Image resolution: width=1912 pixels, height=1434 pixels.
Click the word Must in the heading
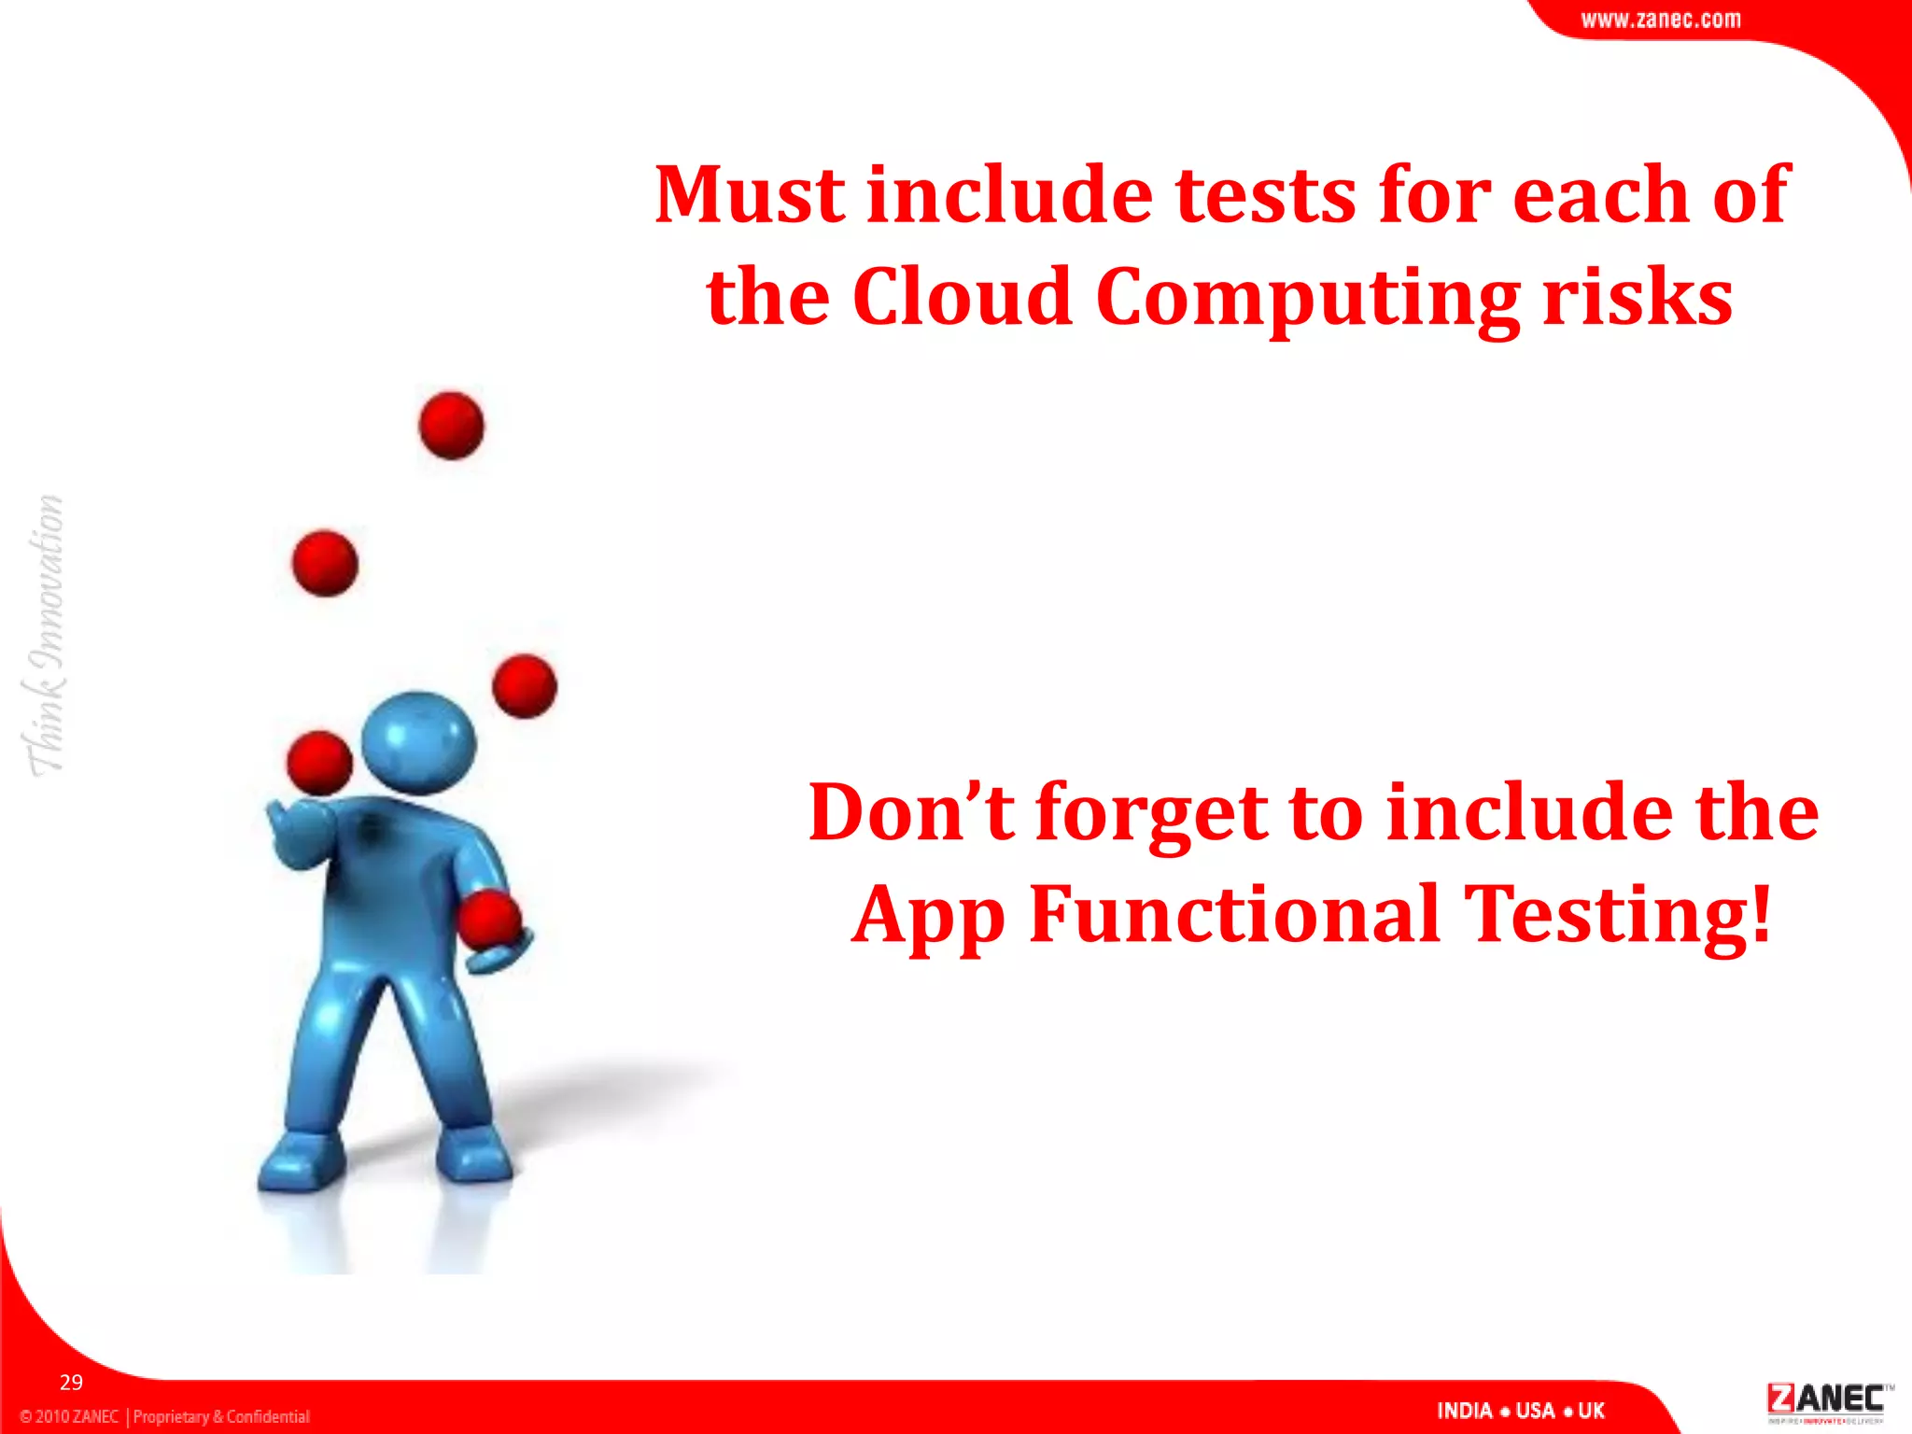750,195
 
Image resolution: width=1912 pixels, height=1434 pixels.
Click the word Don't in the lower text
910,812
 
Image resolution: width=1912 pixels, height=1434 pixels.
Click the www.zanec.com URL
1660,20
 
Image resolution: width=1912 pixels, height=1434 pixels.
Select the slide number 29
71,1383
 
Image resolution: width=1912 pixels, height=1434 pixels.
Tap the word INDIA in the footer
1464,1411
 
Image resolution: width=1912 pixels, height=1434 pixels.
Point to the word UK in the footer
1591,1411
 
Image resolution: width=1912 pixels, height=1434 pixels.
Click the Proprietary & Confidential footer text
221,1416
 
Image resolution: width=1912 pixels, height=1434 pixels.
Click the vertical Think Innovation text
45,635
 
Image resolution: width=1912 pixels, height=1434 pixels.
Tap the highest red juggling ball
451,426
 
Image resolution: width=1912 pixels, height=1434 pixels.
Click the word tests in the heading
1265,195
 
